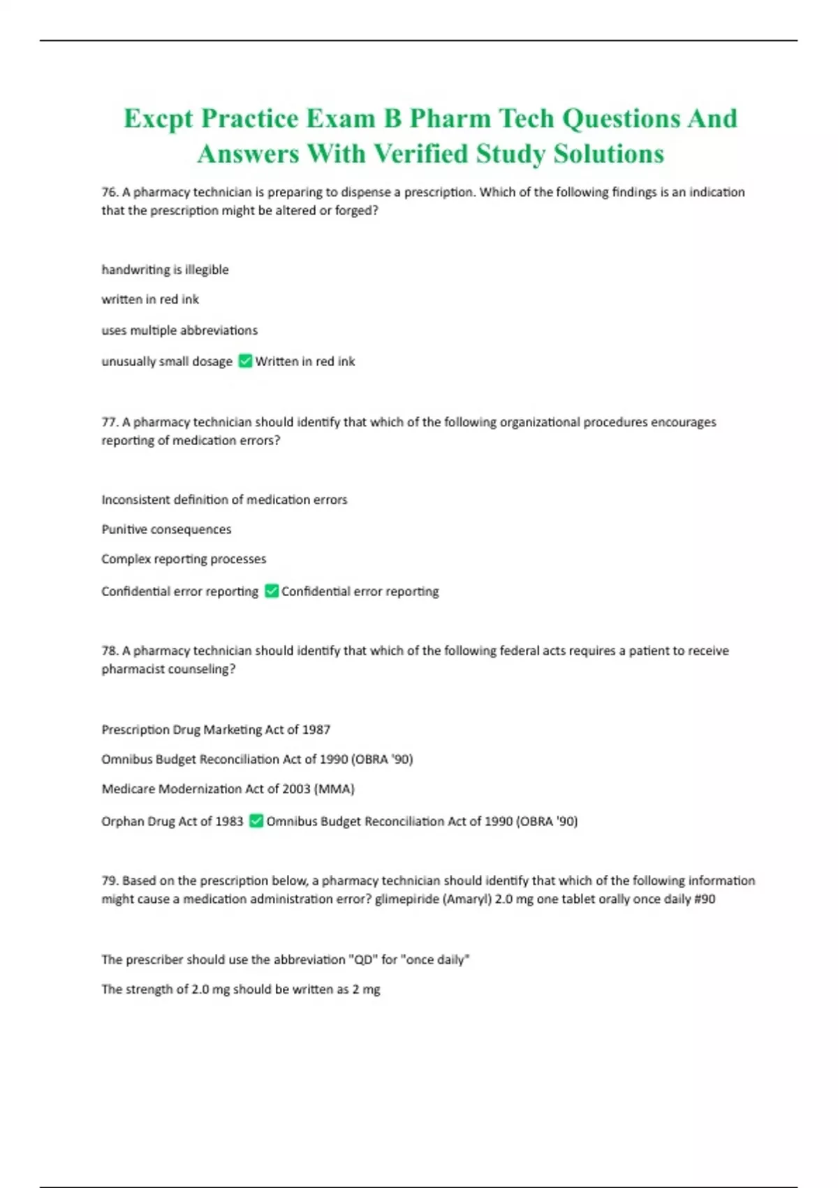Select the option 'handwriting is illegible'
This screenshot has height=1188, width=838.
[x=165, y=270]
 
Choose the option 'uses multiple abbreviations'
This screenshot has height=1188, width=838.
[x=179, y=331]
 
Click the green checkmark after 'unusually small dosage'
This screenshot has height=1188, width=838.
[x=245, y=361]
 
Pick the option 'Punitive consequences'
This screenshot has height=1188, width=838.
[x=166, y=530]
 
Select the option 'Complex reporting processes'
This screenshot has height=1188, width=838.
[x=184, y=559]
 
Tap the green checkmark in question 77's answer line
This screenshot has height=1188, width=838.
[x=272, y=591]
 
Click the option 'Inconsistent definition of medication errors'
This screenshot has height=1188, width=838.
[x=224, y=500]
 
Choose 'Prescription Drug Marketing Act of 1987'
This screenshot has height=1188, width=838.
[x=216, y=730]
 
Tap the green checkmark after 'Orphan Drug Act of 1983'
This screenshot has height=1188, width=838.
[x=256, y=820]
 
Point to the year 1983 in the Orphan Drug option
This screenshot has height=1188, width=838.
[x=229, y=821]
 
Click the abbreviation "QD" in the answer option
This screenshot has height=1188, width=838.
[x=362, y=960]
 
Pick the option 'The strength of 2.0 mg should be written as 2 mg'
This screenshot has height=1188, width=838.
[x=241, y=990]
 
